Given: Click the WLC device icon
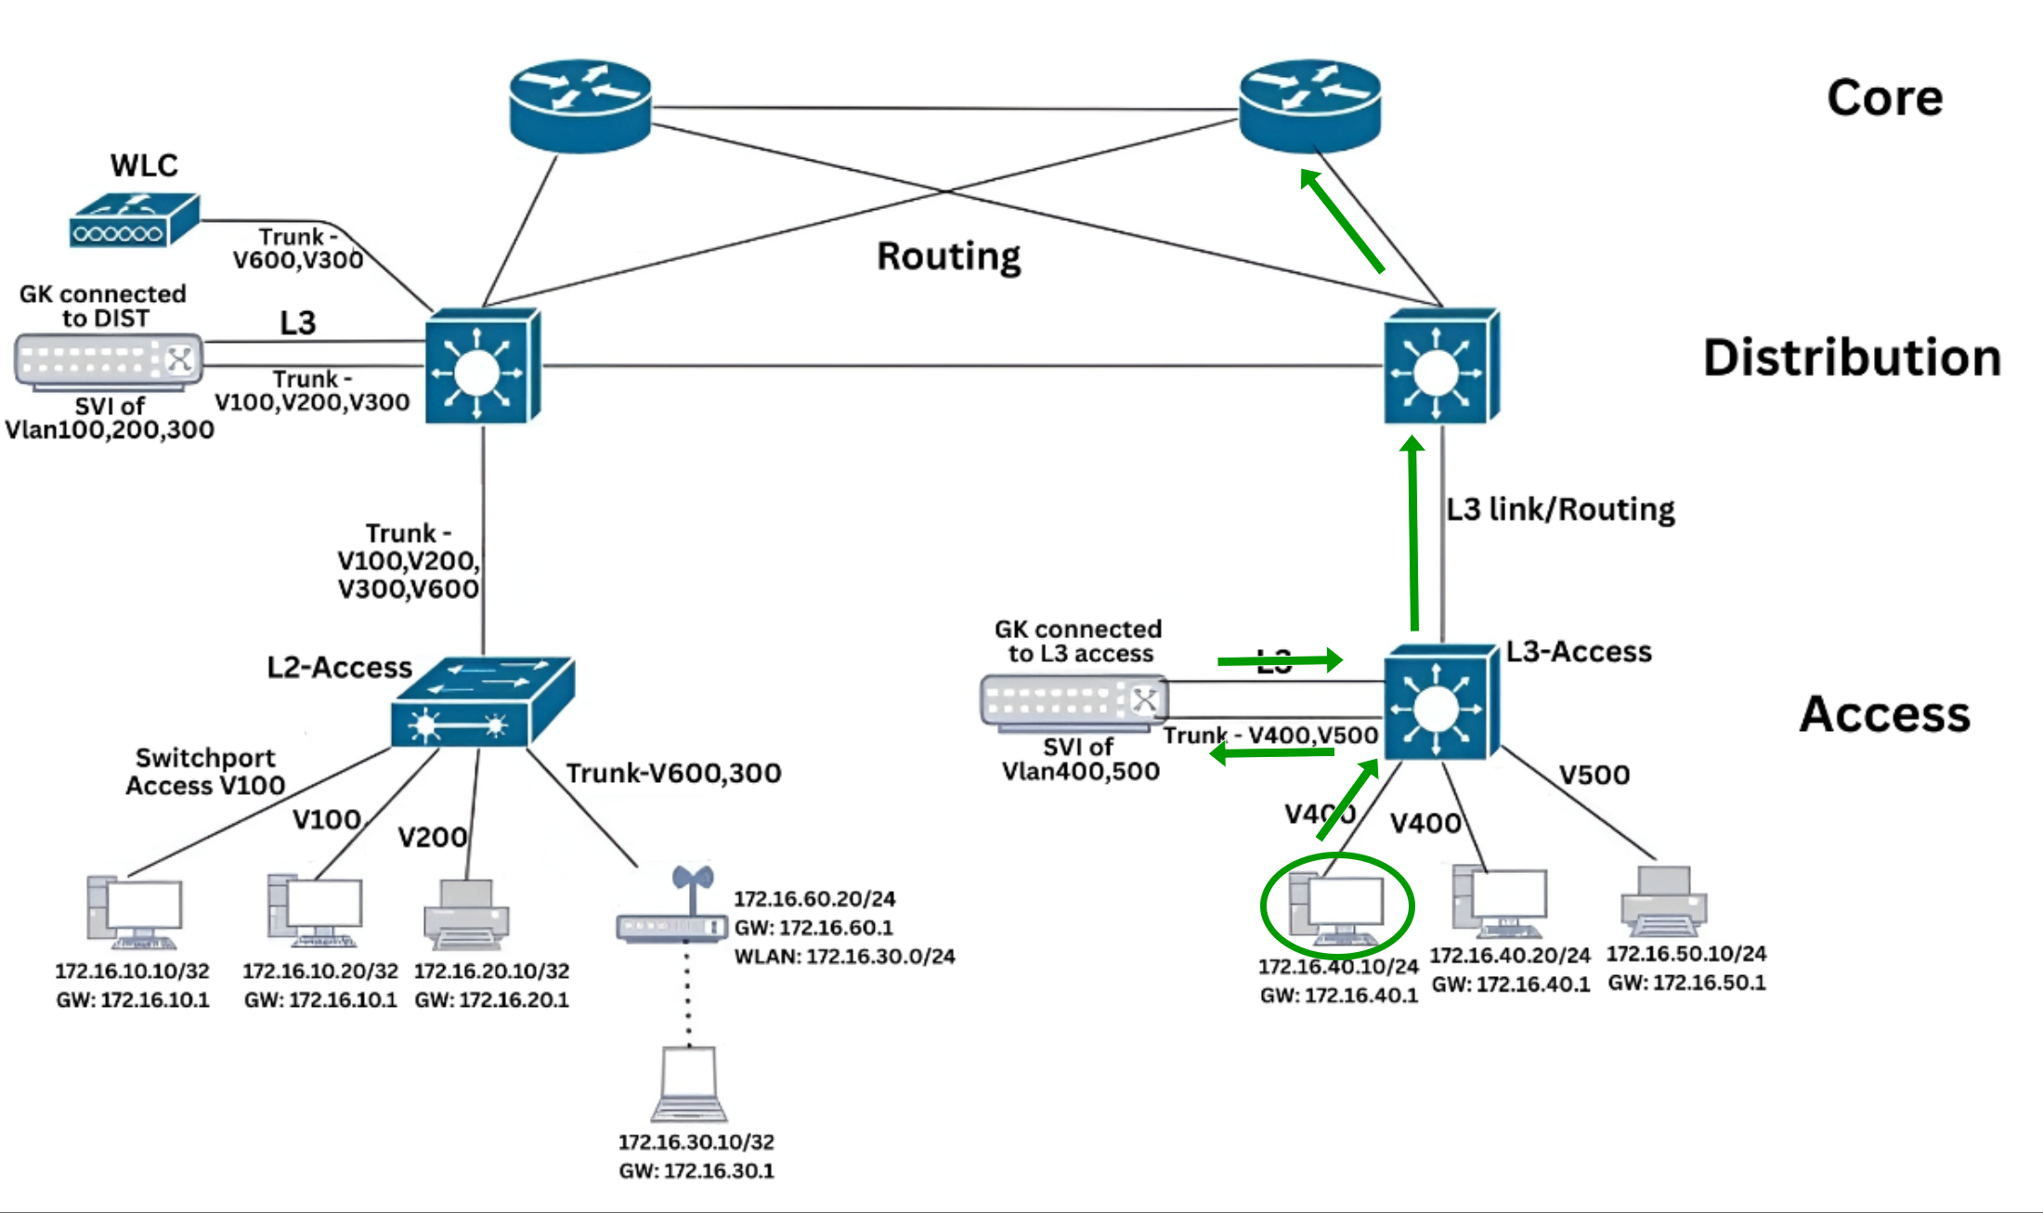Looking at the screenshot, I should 134,221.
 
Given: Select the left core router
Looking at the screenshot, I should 580,105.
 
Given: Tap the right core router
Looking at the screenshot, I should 1309,105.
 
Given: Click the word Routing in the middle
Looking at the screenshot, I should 948,256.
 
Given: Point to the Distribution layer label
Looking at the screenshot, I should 1852,359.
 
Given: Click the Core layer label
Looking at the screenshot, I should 1884,98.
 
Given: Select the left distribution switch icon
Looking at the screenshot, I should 482,367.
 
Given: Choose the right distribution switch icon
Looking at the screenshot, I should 1440,367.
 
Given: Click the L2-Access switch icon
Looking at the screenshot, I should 482,703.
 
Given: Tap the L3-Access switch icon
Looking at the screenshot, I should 1440,703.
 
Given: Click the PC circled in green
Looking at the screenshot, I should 1337,907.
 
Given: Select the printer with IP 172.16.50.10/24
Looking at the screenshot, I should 1664,901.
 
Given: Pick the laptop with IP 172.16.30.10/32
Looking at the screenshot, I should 689,1085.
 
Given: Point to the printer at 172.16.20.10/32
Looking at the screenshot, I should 466,914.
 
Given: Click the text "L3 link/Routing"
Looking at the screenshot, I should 1560,510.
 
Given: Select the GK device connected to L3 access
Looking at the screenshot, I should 1074,702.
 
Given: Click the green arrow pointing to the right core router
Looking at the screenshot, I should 1342,220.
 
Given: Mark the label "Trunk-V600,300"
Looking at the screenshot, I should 673,773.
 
